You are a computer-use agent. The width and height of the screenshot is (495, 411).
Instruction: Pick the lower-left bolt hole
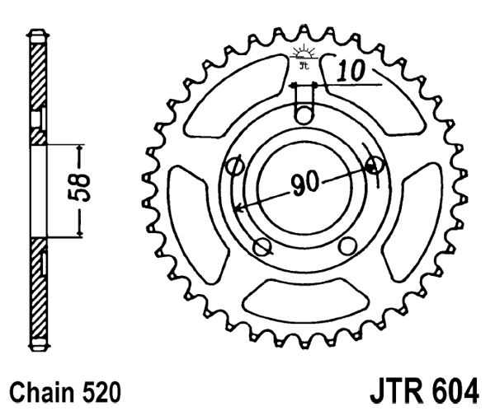(x=262, y=245)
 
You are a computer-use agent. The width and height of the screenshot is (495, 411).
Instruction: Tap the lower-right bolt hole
(x=346, y=245)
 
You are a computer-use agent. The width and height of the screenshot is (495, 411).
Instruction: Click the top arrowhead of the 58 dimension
(x=81, y=149)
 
